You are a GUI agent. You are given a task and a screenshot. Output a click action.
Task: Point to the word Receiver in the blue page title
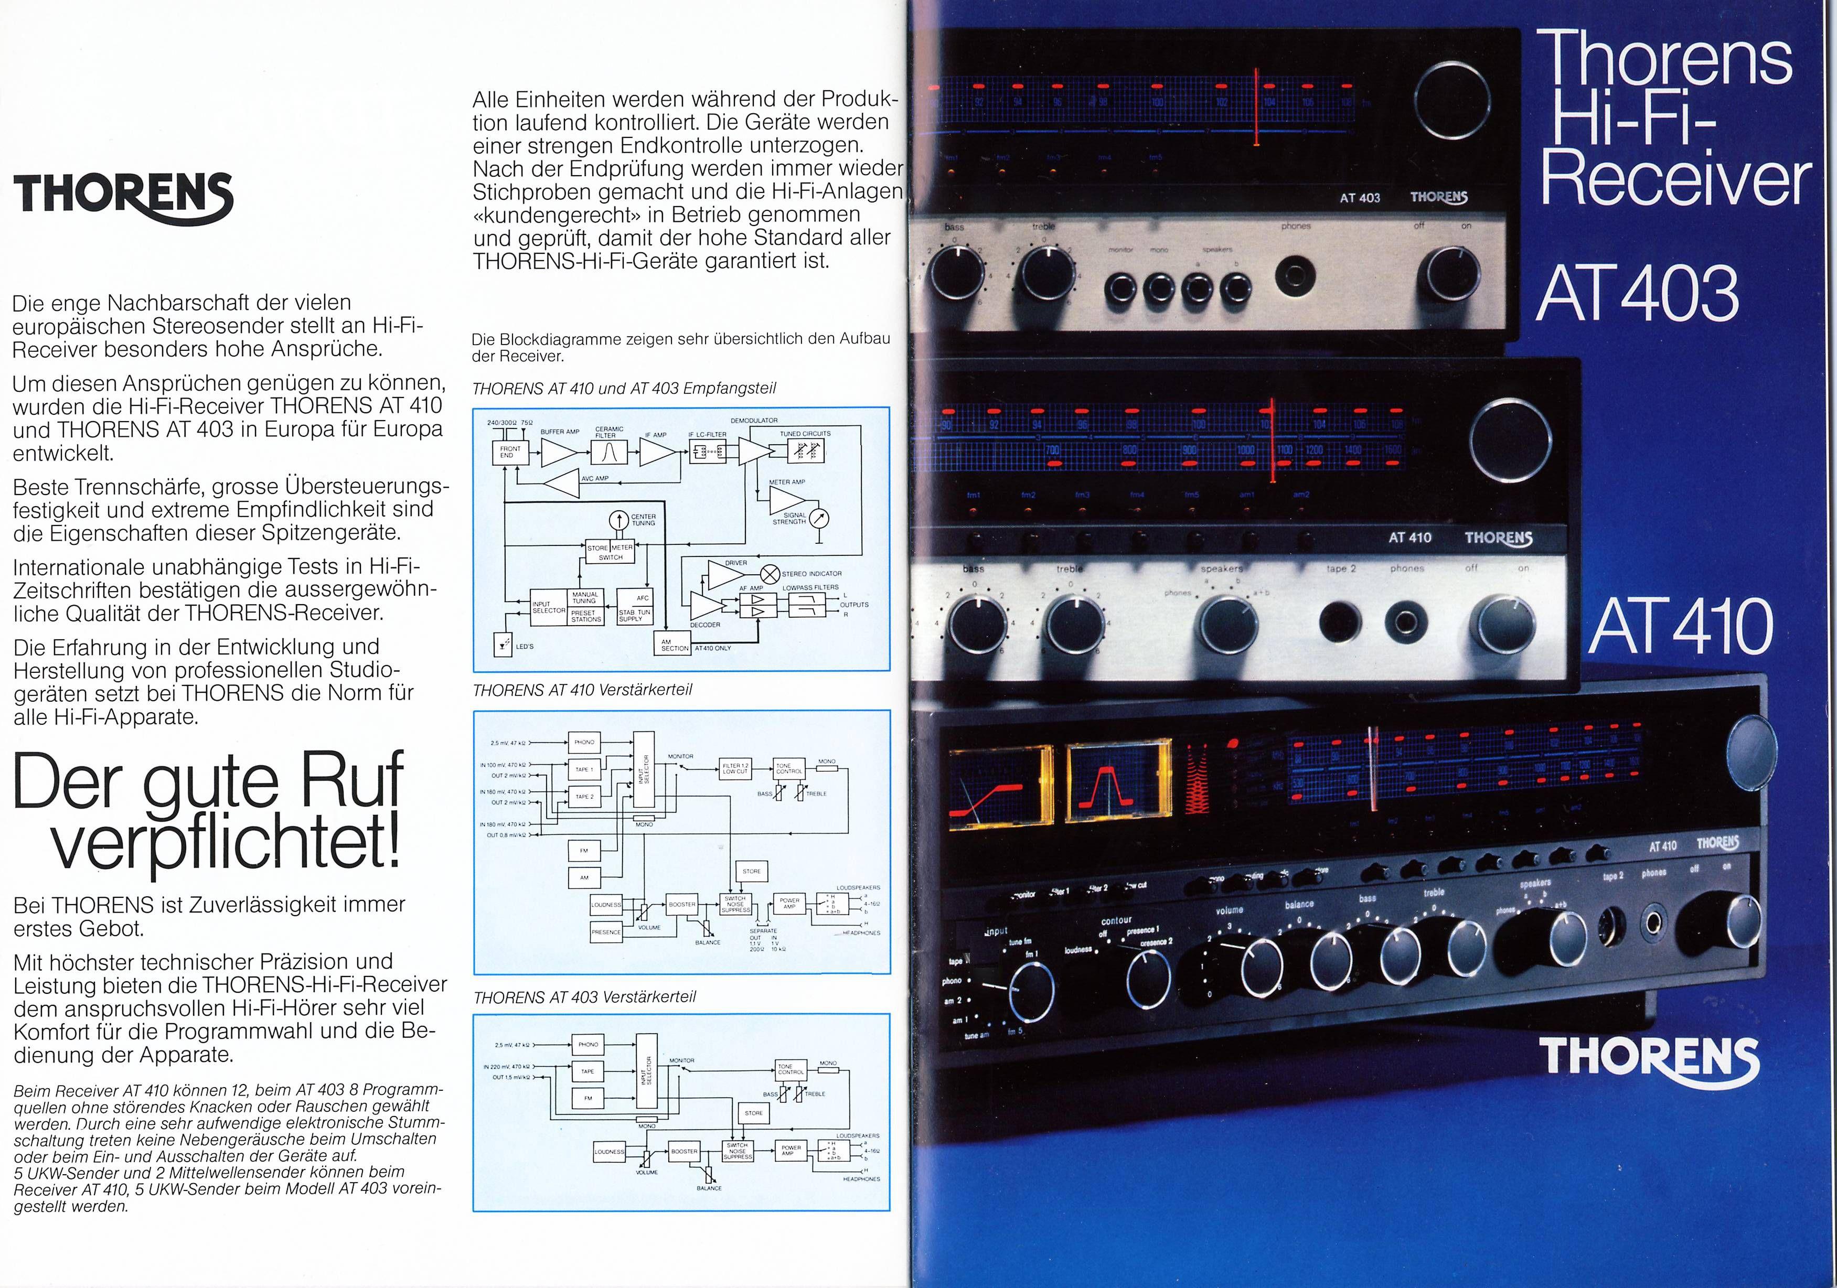(1674, 181)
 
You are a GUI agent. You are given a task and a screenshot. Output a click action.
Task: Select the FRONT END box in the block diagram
(510, 452)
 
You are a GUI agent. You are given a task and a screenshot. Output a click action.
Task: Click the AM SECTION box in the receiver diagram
(674, 644)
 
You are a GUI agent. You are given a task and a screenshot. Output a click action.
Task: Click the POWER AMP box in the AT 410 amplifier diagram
(789, 903)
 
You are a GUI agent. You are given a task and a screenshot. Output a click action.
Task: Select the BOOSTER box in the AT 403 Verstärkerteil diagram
(684, 1151)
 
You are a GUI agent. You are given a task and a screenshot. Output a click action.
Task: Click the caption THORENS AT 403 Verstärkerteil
(584, 997)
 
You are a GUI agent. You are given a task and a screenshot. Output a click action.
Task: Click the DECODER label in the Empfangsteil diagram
(705, 625)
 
